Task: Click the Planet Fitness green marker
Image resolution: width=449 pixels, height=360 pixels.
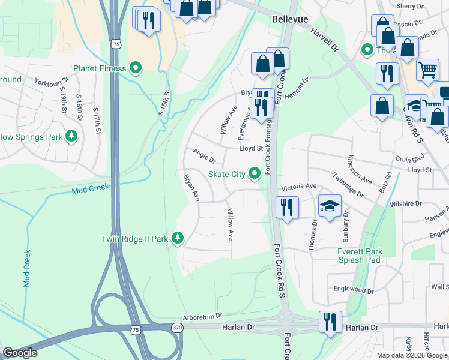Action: (x=136, y=68)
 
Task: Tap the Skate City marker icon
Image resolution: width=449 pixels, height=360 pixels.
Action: (x=255, y=174)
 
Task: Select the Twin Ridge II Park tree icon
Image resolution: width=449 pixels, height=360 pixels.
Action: (x=177, y=239)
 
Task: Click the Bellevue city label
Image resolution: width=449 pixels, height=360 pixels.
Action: (x=290, y=20)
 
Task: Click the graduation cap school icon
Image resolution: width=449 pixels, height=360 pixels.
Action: (x=330, y=206)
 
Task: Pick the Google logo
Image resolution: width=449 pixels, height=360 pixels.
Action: (x=20, y=353)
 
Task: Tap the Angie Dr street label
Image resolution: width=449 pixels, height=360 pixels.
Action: (x=204, y=157)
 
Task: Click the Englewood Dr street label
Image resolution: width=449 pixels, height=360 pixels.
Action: (x=354, y=289)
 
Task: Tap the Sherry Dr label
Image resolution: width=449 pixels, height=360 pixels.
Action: (x=410, y=6)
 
